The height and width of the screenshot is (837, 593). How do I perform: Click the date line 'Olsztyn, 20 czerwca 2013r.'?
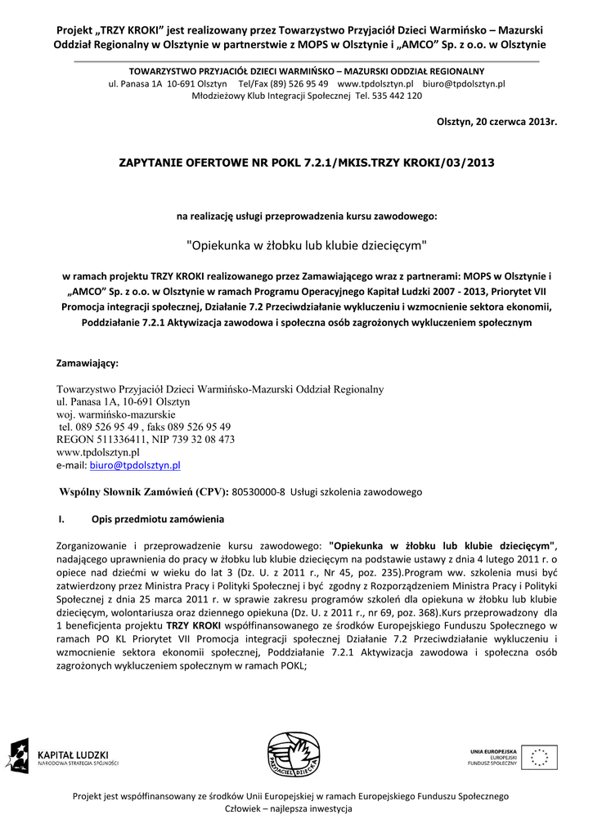496,122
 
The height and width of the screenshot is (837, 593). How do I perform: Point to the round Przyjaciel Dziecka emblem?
296,754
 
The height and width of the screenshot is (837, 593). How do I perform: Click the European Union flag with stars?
541,757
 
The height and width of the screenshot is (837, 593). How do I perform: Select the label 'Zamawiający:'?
87,361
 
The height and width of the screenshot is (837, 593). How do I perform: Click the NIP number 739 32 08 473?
204,439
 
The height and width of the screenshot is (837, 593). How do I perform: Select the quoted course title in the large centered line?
308,244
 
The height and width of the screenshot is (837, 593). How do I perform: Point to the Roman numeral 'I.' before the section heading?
61,520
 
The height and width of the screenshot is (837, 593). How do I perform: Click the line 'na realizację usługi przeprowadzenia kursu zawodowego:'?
308,217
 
